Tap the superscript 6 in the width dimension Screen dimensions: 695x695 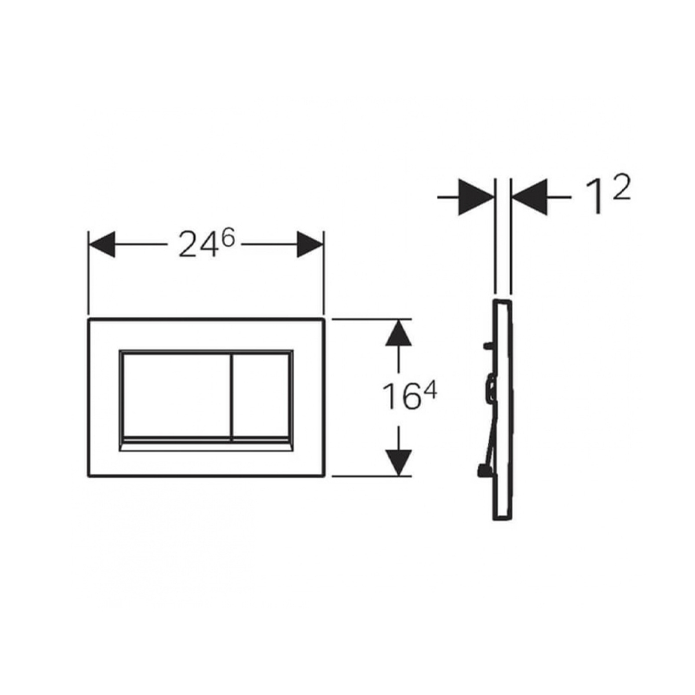point(228,238)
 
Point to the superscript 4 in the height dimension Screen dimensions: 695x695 point(430,390)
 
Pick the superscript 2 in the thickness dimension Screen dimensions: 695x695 point(622,189)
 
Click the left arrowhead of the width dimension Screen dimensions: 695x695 point(102,244)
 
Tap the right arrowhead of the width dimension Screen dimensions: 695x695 point(310,244)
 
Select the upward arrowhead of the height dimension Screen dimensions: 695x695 point(398,332)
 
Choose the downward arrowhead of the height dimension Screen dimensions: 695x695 point(398,463)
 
